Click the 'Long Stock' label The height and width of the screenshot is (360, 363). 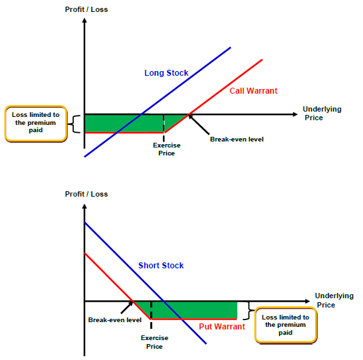click(166, 73)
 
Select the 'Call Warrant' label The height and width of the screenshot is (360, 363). click(253, 90)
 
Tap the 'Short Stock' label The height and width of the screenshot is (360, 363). click(161, 266)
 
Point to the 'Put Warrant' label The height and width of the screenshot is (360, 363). click(222, 327)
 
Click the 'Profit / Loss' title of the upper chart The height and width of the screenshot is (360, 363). click(86, 9)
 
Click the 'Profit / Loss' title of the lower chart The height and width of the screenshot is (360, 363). click(86, 194)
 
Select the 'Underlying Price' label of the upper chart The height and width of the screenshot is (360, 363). click(322, 114)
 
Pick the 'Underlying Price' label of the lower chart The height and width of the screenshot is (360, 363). click(334, 300)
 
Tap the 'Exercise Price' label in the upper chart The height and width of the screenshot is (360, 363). click(166, 149)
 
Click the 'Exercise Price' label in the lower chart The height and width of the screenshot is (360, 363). click(154, 342)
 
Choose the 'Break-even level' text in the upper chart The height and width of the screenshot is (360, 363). click(237, 139)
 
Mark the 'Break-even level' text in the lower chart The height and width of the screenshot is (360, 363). click(115, 319)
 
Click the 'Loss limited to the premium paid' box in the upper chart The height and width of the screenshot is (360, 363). click(36, 124)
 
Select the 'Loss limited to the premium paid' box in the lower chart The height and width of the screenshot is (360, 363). click(285, 325)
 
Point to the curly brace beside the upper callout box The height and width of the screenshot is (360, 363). click(74, 124)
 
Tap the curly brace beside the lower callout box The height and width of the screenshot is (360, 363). click(249, 311)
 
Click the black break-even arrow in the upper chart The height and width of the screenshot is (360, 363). click(199, 124)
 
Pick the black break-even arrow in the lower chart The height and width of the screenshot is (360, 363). click(127, 308)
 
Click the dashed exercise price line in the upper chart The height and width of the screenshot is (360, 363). click(164, 128)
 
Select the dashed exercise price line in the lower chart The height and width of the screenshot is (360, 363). click(151, 315)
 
